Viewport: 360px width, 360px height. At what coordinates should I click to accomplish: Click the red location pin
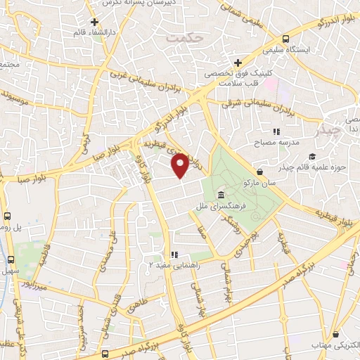181,165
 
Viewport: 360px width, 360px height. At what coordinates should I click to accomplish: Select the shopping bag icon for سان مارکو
260,172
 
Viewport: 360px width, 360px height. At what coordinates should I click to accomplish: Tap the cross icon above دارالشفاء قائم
94,22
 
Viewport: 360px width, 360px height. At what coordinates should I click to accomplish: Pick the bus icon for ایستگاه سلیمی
285,39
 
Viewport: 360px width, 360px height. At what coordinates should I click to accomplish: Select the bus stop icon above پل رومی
7,217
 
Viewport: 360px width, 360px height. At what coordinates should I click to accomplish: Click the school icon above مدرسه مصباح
276,131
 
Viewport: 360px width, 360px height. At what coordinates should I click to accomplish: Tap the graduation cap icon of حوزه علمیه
312,155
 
